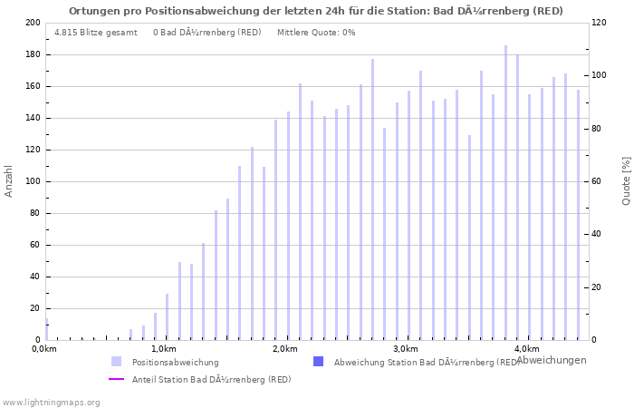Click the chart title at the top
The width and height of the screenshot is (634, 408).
click(x=316, y=11)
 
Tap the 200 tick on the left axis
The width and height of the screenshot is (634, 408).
click(x=32, y=23)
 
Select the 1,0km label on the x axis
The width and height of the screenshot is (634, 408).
click(x=163, y=349)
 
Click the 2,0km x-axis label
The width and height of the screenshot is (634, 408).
click(x=284, y=349)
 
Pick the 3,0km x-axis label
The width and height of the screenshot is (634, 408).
click(x=406, y=349)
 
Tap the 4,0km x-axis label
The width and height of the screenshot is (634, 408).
click(x=526, y=349)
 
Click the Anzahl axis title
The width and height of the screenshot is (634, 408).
click(x=9, y=181)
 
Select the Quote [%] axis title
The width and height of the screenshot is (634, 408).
click(x=626, y=181)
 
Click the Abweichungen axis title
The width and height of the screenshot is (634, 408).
click(x=551, y=360)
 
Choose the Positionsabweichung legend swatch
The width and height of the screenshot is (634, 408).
click(x=116, y=362)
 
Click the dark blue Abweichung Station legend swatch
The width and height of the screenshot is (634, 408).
click(x=318, y=362)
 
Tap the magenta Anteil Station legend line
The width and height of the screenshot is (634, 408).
click(x=116, y=379)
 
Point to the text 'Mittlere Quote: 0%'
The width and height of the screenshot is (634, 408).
click(x=316, y=33)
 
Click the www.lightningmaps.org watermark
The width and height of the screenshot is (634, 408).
click(x=51, y=402)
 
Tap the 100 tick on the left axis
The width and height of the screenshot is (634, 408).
click(x=32, y=181)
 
